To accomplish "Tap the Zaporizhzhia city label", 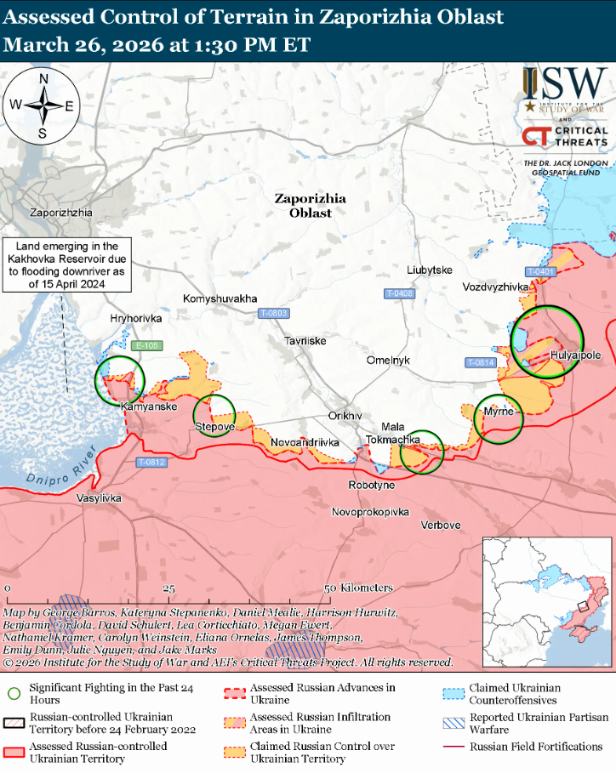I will pos(60,213).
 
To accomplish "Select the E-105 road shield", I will pos(147,345).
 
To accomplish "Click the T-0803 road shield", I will pos(273,313).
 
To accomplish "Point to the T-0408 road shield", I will pos(399,293).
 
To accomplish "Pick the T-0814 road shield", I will pos(481,362).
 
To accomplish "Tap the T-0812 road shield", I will pos(151,463).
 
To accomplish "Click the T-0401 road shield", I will pos(540,271).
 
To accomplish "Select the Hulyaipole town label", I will pos(576,355).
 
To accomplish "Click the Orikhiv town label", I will pos(345,416).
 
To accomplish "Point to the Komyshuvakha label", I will pos(220,299).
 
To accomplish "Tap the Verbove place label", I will pos(441,525).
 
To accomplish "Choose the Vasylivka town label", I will pos(99,497).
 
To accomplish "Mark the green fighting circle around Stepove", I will pos(214,417).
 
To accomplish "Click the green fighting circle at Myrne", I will pos(498,418).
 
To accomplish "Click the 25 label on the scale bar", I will pos(169,588).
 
